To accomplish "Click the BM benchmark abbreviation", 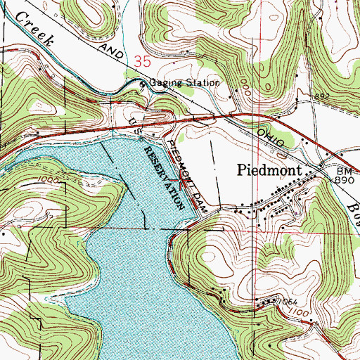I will (342, 171).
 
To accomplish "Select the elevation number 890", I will (342, 181).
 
